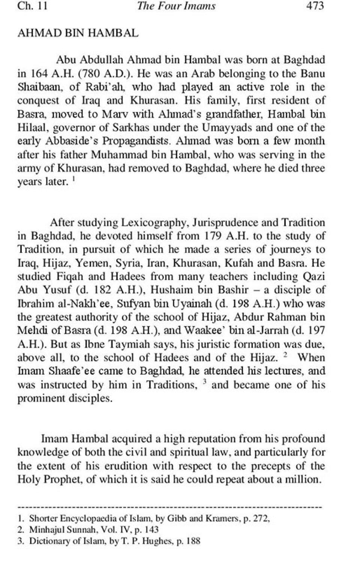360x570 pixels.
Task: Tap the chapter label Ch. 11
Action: (x=33, y=6)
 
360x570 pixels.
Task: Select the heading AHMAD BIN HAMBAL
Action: (x=78, y=33)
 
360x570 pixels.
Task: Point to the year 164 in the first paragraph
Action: (x=39, y=73)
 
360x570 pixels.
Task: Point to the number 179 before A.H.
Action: (x=214, y=236)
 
